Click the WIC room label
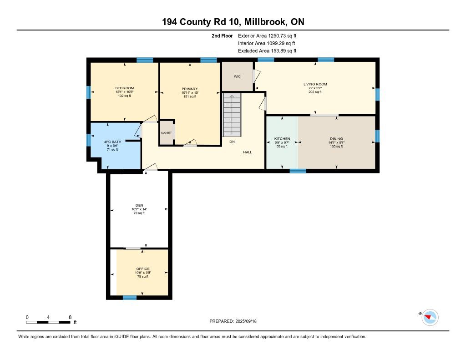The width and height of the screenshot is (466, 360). coord(237,76)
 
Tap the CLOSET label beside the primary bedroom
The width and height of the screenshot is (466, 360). coord(166,133)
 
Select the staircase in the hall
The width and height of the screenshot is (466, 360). coord(232,115)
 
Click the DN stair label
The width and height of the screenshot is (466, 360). coord(232,142)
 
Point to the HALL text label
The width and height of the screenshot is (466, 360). coord(248,152)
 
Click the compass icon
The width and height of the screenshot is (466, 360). coord(430,317)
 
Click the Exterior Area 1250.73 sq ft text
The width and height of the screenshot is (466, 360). coord(267,35)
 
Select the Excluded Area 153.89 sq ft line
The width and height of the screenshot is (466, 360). coord(267,51)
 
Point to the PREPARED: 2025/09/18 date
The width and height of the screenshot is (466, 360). coord(233,321)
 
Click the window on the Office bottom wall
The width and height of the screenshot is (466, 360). coord(130,298)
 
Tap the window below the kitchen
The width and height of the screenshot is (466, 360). coord(298,171)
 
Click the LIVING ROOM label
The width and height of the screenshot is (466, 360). coord(315,84)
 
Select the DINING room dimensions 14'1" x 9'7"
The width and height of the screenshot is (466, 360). coord(336,142)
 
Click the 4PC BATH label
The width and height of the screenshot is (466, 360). coord(112,142)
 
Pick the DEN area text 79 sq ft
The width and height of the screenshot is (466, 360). coord(139,213)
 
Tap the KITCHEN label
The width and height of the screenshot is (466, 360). coord(282,138)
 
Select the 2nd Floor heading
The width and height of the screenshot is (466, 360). coord(222,35)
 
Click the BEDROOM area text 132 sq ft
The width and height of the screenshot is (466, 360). coord(125,96)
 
